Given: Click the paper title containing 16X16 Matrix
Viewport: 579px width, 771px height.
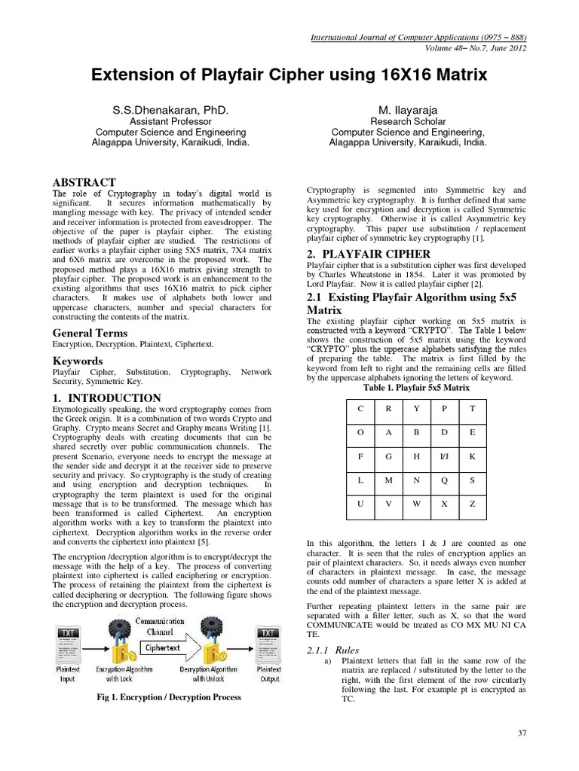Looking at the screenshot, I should [289, 75].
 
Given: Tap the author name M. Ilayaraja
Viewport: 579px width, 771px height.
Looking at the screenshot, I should [408, 110].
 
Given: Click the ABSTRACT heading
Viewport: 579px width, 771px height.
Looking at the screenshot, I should [84, 182].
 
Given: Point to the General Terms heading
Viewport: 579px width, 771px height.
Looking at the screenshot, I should [90, 333].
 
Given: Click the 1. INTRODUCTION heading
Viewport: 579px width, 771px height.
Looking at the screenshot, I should [106, 398].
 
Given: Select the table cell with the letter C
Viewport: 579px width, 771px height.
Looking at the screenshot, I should [360, 408].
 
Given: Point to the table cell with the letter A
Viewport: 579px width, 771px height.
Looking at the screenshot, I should [388, 431].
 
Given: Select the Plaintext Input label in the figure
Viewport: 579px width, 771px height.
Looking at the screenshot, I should [68, 673].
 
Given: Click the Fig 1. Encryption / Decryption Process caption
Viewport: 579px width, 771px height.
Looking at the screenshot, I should [170, 697].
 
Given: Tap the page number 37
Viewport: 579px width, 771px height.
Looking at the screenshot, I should [525, 733].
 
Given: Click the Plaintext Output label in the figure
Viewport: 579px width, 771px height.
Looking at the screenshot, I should [269, 673].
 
